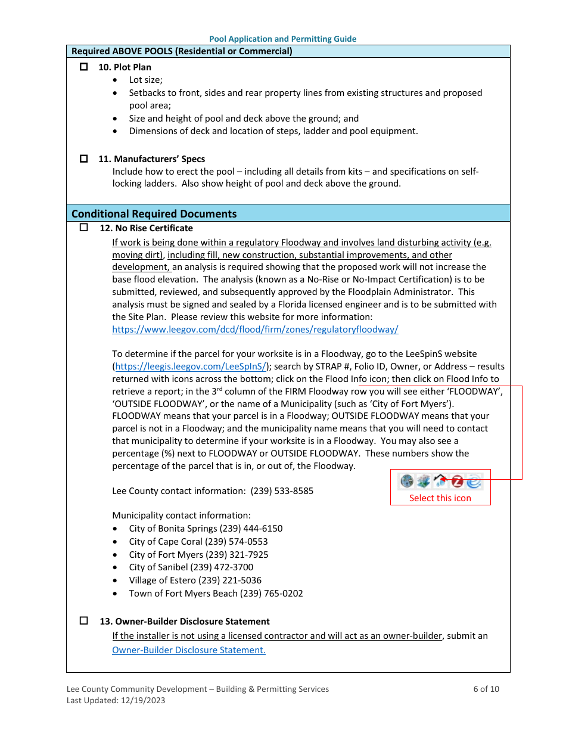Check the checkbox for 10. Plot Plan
(x=83, y=67)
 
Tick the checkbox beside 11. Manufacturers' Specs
(x=83, y=159)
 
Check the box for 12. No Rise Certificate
(x=83, y=228)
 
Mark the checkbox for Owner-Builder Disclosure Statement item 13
(x=83, y=621)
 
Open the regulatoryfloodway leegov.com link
(x=255, y=329)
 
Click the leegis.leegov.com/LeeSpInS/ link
(x=191, y=366)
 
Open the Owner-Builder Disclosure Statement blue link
(x=189, y=650)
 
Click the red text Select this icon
(x=440, y=498)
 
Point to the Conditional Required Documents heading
(x=154, y=213)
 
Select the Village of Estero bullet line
(x=195, y=580)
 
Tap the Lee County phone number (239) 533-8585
(x=282, y=491)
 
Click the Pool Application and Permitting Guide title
(x=282, y=39)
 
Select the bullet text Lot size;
(x=145, y=80)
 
